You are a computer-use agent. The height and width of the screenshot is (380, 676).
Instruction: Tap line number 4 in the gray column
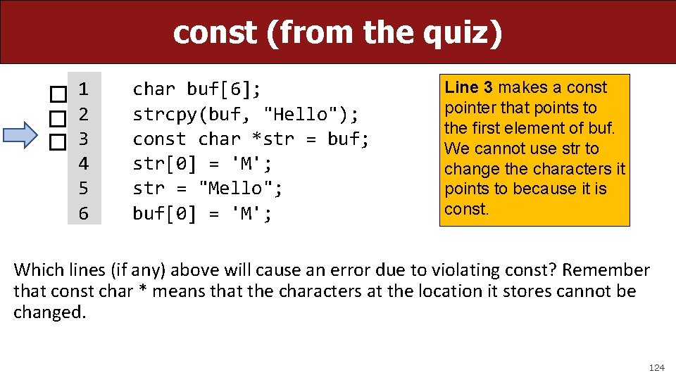(x=84, y=164)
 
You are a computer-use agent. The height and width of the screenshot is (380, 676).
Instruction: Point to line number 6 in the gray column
(x=84, y=213)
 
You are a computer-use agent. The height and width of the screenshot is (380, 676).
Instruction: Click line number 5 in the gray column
(x=84, y=189)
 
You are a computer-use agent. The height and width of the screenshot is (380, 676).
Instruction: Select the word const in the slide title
(x=215, y=32)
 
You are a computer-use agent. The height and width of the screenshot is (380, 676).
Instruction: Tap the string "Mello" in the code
(x=235, y=189)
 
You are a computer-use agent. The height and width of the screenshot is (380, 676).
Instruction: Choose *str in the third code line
(x=268, y=139)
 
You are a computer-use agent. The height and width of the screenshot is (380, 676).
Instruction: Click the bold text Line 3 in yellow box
(x=469, y=87)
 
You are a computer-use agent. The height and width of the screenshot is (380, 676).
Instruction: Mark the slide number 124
(x=656, y=367)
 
